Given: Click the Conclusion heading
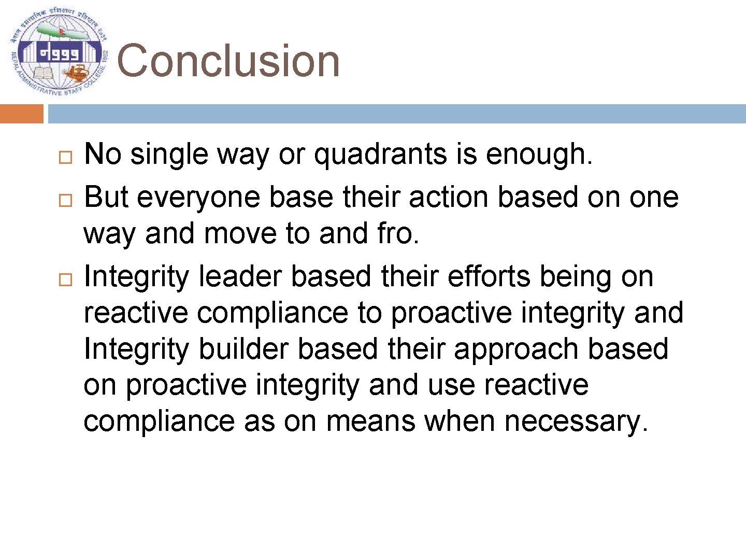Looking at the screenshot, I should (228, 61).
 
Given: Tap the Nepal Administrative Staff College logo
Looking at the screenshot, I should (59, 54).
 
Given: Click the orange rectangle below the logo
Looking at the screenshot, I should (21, 114).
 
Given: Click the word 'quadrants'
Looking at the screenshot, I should (381, 155).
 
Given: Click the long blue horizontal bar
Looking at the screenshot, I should (396, 114).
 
